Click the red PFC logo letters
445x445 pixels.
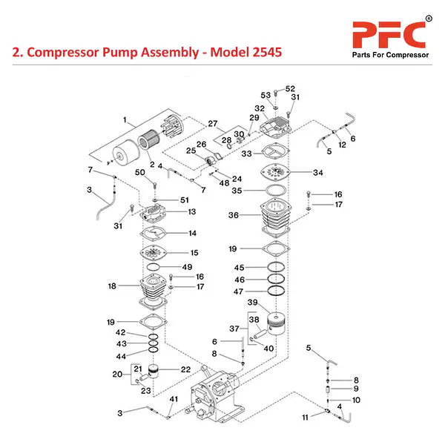click(389, 35)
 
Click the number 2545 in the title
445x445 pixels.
click(267, 52)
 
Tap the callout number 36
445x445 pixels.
click(234, 215)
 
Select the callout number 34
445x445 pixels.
click(318, 173)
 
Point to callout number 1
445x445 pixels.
click(125, 120)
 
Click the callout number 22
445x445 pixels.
click(185, 369)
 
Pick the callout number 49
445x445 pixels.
click(187, 267)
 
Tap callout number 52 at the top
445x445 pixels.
click(290, 88)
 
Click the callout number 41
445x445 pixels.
click(174, 399)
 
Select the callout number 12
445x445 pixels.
click(342, 145)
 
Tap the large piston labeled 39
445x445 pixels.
click(276, 324)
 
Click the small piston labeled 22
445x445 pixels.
click(154, 371)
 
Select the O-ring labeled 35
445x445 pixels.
click(275, 191)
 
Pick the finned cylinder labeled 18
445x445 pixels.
click(153, 290)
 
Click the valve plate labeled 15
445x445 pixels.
click(154, 252)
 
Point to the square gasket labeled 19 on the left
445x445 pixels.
click(154, 322)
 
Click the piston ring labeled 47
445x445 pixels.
click(276, 291)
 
